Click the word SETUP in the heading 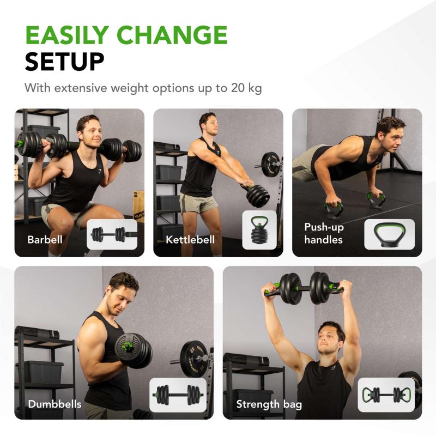[x=64, y=62]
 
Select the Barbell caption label [x=45, y=240]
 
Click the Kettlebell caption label [x=190, y=240]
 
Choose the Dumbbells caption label [x=55, y=404]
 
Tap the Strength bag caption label [x=269, y=404]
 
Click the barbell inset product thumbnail [x=112, y=234]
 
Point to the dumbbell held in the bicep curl [x=132, y=350]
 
